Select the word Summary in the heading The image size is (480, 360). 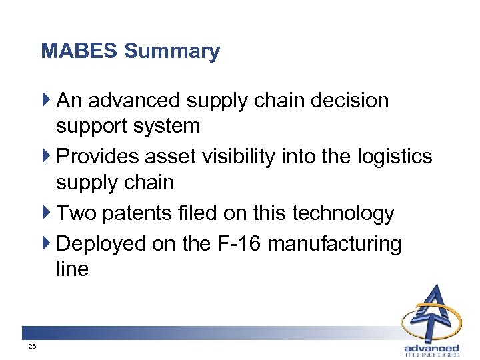(x=172, y=51)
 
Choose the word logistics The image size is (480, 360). (x=394, y=157)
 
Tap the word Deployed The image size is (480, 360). (x=102, y=244)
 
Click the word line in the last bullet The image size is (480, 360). (x=72, y=269)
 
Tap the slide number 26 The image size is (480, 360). (x=32, y=347)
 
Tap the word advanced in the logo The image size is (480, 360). (x=432, y=348)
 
